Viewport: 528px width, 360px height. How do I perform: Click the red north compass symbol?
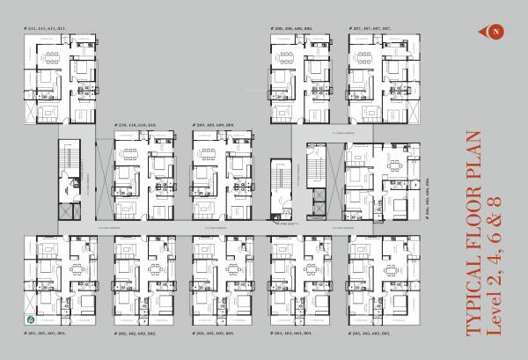point(495,33)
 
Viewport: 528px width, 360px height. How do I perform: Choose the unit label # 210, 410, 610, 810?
point(135,126)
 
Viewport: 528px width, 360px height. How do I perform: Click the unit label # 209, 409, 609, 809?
point(213,126)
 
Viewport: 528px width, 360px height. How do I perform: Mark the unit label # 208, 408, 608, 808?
point(291,29)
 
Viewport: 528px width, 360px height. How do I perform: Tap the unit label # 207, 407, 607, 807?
point(370,29)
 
